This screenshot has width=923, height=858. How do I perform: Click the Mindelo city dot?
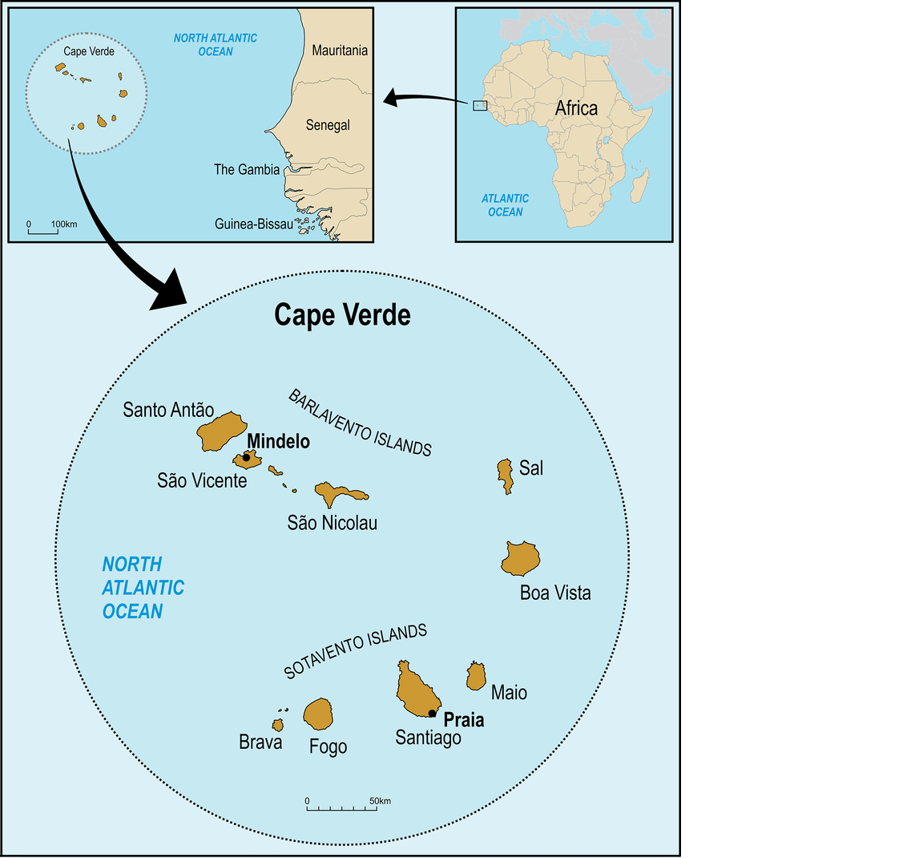246,457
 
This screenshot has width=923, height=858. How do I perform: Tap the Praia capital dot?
432,713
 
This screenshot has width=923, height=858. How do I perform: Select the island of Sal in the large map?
505,475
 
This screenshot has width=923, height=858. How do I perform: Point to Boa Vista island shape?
521,558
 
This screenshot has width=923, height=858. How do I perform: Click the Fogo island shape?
318,714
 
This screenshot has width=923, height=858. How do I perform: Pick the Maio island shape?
476,677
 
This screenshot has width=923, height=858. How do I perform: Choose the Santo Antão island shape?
220,431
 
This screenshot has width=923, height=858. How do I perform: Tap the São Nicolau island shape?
333,493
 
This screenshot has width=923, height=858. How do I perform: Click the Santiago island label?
428,738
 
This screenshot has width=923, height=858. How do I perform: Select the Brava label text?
260,743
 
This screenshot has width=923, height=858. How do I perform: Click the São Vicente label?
202,481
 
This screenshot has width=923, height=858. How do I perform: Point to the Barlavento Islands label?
360,423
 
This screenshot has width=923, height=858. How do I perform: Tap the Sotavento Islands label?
356,651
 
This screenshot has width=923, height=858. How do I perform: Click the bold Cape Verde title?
342,314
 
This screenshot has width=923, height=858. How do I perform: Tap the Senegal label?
328,125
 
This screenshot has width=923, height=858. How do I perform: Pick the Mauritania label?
340,51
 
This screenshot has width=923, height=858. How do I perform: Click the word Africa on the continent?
576,108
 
